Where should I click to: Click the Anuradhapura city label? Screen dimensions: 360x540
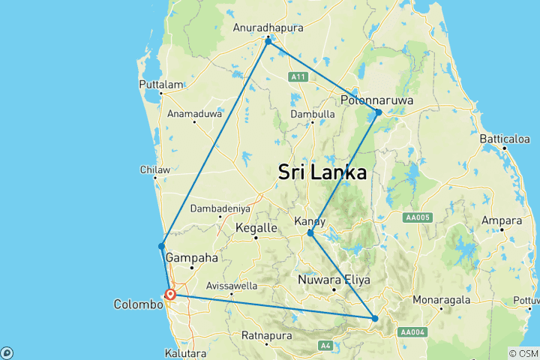(267, 28)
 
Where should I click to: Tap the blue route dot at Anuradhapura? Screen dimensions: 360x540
(268, 40)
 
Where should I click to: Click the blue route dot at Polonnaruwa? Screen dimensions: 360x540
(379, 112)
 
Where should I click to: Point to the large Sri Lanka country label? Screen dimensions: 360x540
(322, 172)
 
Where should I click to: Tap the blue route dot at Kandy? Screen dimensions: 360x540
(310, 233)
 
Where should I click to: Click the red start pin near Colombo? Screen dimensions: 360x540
(171, 295)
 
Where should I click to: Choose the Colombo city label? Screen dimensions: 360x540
(138, 304)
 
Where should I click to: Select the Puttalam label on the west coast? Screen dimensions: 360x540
(160, 85)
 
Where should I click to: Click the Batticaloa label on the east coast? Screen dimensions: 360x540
(505, 139)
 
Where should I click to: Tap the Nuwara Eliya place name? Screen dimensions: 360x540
(331, 280)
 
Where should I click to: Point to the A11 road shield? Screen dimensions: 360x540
(299, 76)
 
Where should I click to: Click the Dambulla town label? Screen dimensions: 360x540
(313, 114)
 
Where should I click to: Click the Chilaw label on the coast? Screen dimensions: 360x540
(155, 169)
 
